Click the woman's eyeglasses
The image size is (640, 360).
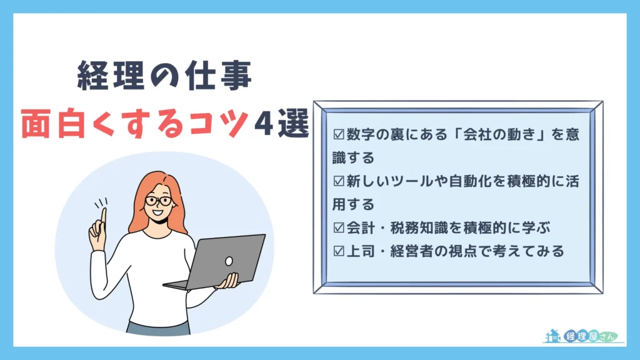[x=159, y=201]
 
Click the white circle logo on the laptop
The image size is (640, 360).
[x=229, y=261]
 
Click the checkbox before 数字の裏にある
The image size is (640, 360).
[x=339, y=134]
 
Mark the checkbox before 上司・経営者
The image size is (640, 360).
[x=339, y=251]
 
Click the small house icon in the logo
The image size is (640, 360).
[x=552, y=336]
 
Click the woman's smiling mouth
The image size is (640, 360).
[x=158, y=212]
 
